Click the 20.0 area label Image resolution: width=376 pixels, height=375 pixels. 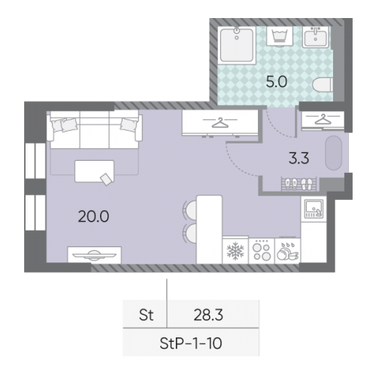click(x=93, y=216)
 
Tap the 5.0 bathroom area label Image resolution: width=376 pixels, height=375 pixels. click(x=276, y=82)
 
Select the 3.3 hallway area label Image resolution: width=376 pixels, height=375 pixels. click(x=299, y=159)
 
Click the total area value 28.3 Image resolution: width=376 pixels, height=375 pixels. click(x=208, y=315)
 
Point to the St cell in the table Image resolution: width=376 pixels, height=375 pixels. click(x=146, y=315)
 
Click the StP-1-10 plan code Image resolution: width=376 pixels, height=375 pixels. click(x=191, y=343)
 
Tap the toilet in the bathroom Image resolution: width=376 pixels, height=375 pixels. click(x=323, y=85)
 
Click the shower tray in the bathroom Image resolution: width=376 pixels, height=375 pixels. click(x=237, y=45)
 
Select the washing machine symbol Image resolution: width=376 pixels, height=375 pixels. click(x=280, y=36)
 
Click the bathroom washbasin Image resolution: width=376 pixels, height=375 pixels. click(x=315, y=37)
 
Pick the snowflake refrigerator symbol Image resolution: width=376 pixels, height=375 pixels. click(x=235, y=251)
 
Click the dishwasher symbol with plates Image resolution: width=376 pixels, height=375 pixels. click(x=287, y=252)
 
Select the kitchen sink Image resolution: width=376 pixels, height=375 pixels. click(x=314, y=208)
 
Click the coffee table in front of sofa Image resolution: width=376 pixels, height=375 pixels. click(x=94, y=171)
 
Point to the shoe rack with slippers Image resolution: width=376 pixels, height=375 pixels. click(x=299, y=184)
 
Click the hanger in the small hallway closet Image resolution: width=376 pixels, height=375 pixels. click(x=323, y=119)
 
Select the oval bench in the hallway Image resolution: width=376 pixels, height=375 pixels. click(x=334, y=153)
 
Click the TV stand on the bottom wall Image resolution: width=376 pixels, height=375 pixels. click(x=94, y=255)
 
